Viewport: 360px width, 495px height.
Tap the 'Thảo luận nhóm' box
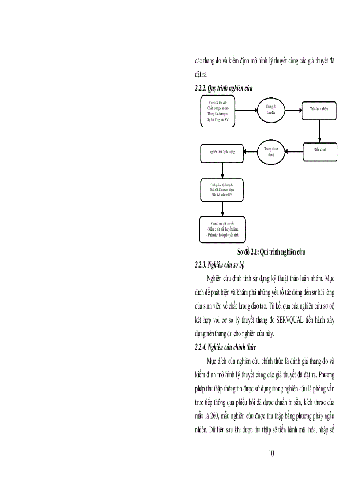point(319,108)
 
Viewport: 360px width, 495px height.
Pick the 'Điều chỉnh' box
point(320,150)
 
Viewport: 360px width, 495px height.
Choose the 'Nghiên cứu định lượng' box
point(222,152)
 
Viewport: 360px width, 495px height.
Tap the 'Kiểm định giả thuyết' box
point(222,230)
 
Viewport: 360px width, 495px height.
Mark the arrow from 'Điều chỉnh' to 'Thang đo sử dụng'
point(295,152)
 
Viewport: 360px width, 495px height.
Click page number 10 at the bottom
point(271,454)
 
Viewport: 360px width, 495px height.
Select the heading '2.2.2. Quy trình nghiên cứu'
point(224,89)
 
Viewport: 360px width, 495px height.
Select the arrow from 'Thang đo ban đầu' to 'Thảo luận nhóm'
point(293,108)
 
